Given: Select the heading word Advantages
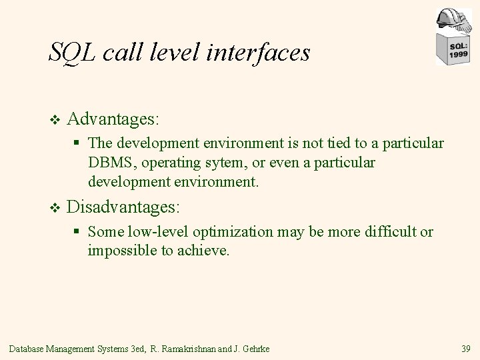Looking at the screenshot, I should [113, 119].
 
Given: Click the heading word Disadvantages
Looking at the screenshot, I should [123, 207].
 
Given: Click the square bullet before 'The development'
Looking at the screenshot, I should [78, 143].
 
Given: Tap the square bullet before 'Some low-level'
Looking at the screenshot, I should [78, 232].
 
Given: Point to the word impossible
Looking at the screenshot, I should [119, 251].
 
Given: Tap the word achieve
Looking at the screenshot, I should [206, 251].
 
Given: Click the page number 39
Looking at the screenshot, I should [465, 348].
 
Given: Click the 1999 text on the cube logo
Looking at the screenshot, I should [457, 55].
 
